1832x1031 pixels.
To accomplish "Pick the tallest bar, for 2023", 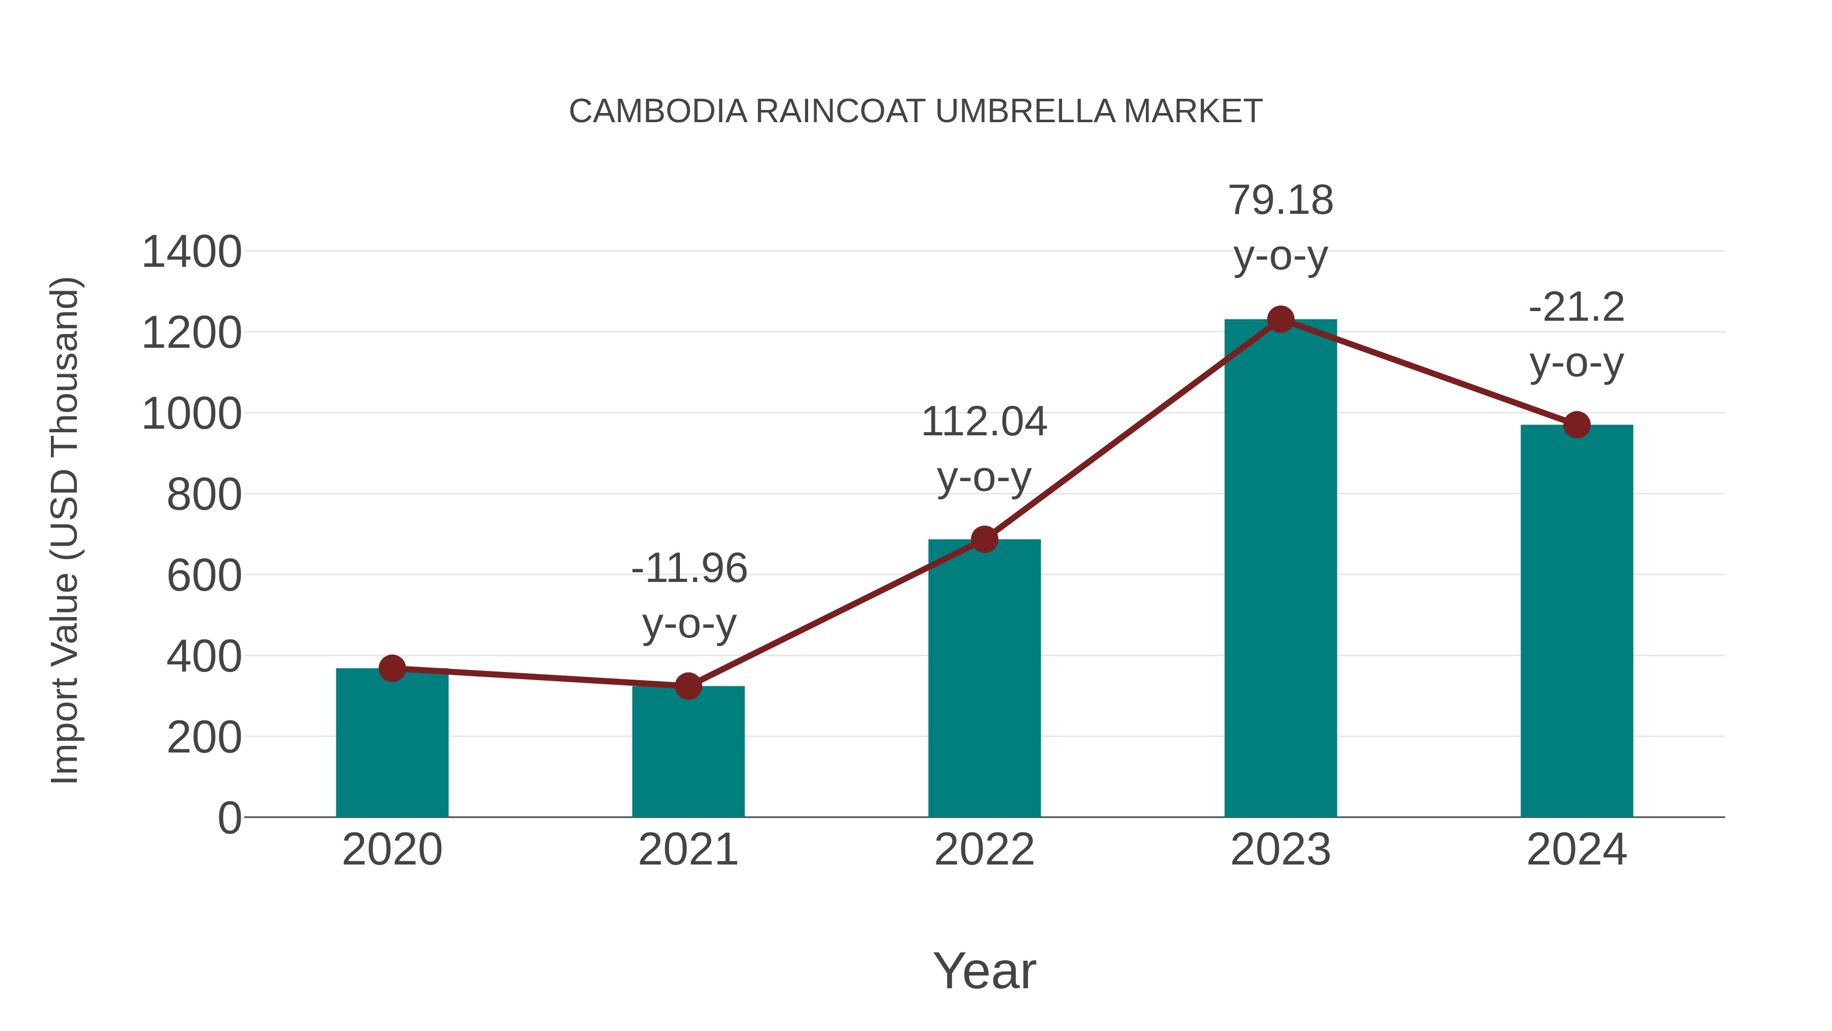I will tap(1280, 569).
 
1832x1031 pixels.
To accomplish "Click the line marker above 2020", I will tap(392, 668).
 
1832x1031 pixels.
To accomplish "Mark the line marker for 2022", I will tap(984, 539).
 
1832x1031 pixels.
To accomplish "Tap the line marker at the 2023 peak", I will tap(1280, 319).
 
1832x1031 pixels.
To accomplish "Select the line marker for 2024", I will tap(1577, 425).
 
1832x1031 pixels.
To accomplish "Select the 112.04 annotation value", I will tap(984, 422).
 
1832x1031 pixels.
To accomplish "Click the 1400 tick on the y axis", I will tap(191, 253).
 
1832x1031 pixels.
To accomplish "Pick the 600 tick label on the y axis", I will tap(204, 576).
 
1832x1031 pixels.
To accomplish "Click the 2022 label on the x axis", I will tap(984, 850).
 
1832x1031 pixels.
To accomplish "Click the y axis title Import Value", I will tap(64, 530).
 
